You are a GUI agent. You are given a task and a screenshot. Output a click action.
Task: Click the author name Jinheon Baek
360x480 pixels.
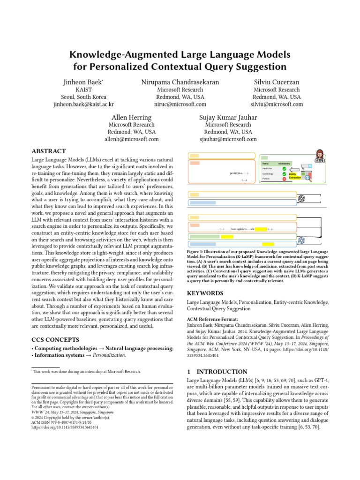[x=82, y=82]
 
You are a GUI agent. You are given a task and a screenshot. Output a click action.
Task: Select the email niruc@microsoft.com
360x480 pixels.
[x=180, y=105]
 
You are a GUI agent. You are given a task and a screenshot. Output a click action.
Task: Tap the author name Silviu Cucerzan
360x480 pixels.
[x=277, y=82]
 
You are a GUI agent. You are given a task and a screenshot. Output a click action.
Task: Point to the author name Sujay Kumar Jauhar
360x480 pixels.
[x=228, y=117]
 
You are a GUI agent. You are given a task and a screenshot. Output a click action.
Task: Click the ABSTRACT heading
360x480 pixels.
[x=48, y=152]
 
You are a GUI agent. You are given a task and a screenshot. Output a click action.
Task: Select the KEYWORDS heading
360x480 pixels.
[x=206, y=293]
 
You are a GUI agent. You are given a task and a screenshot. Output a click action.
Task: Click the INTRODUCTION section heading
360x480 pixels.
[x=217, y=372]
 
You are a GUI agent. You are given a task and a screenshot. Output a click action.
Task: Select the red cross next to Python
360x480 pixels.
[x=284, y=179]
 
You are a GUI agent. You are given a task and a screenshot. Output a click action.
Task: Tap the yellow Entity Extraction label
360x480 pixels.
[x=295, y=176]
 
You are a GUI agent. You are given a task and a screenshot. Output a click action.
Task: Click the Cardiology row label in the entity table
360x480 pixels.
[x=268, y=173]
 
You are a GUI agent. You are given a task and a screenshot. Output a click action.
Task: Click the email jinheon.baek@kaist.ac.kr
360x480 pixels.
[x=84, y=105]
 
